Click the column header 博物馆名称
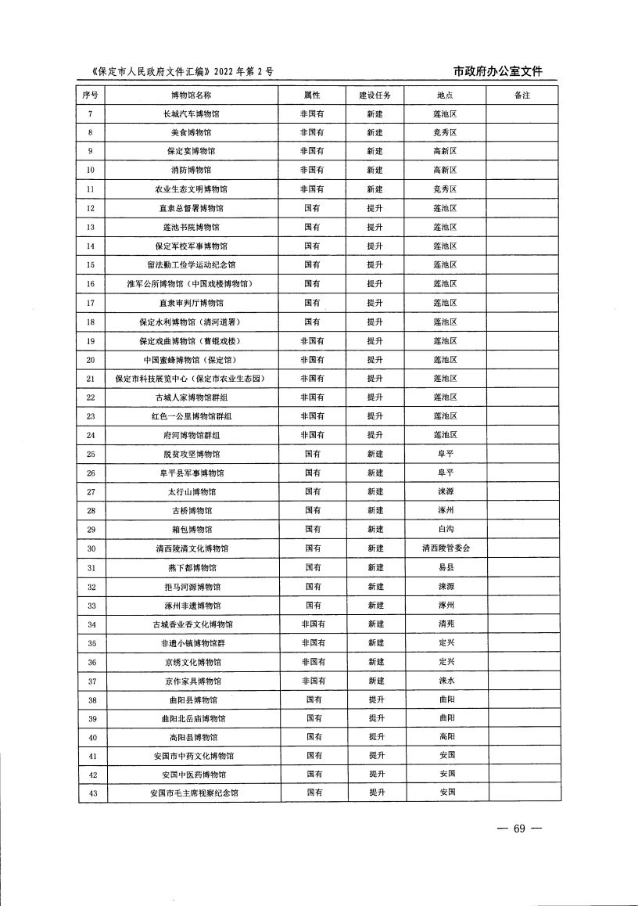coord(192,95)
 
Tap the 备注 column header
coord(522,95)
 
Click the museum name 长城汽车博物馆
coord(192,113)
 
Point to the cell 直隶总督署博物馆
coord(192,208)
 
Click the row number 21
coord(91,379)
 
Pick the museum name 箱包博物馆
coord(192,530)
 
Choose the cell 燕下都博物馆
coord(192,567)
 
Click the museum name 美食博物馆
coord(192,132)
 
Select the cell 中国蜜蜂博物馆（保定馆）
coord(192,360)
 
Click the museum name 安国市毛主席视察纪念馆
coord(193,793)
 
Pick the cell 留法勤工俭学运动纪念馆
coord(192,265)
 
